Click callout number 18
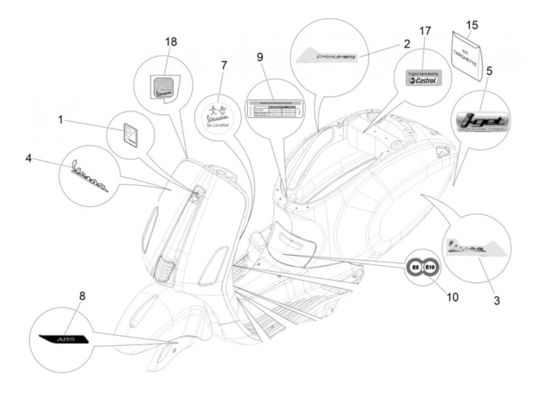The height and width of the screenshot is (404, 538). pos(171,42)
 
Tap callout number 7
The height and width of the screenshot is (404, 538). pos(224,65)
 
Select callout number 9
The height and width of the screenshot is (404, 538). pos(260,57)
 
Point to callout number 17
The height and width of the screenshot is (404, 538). pos(425,31)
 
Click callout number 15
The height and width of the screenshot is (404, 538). pos(472,25)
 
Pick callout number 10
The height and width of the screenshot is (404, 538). pos(452,296)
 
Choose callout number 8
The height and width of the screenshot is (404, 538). pos(82,296)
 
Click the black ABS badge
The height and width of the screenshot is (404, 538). pos(64,339)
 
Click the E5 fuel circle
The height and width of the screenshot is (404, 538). pos(415,267)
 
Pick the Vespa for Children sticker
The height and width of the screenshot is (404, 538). pos(218,114)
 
